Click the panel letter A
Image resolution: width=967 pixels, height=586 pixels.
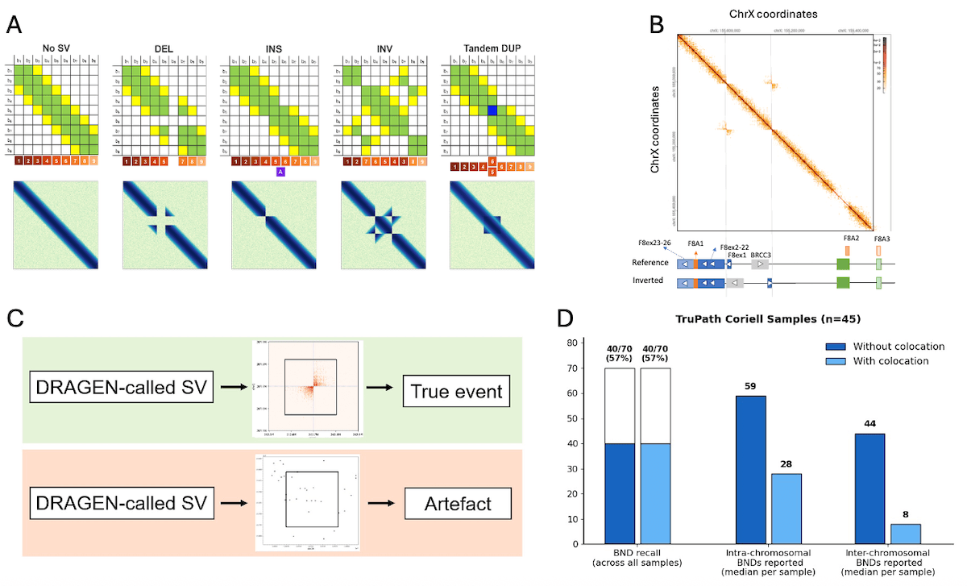point(14,24)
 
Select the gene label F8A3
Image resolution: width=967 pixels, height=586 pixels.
point(878,239)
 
